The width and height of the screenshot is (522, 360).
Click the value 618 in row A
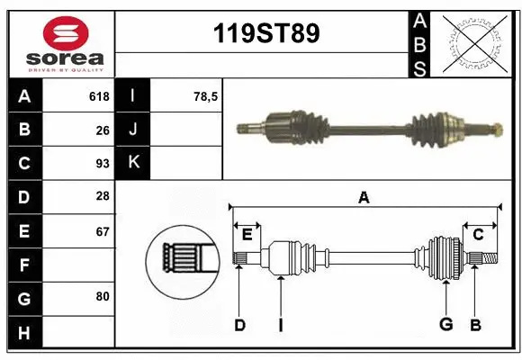(x=99, y=96)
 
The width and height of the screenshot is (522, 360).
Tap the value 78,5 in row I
(x=206, y=96)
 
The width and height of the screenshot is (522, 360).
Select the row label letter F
(x=24, y=265)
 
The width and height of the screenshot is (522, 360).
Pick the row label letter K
(x=133, y=164)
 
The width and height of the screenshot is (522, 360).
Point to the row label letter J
(x=133, y=130)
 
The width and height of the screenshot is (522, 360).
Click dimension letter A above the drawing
(x=364, y=197)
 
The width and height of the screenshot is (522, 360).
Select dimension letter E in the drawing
(x=247, y=235)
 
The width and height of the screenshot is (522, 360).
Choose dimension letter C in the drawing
(x=479, y=235)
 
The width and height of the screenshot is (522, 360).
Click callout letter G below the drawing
(x=445, y=325)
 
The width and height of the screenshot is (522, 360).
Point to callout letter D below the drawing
(x=239, y=325)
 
